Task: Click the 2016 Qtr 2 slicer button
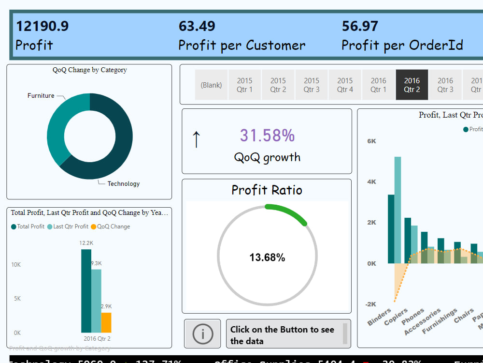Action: [412, 85]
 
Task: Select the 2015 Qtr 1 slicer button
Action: [244, 85]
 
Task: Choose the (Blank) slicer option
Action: [211, 85]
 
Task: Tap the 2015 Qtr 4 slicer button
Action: [345, 85]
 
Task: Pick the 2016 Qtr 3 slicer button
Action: [445, 85]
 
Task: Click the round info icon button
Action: [202, 333]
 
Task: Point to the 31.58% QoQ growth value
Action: [267, 136]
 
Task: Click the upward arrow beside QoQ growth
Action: [196, 139]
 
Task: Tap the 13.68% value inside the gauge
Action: [267, 257]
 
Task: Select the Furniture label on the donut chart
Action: [41, 96]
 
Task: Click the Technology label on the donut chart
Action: [123, 183]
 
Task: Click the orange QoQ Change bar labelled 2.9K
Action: [106, 322]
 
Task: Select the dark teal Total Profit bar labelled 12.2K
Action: [86, 290]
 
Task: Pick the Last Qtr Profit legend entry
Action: [71, 227]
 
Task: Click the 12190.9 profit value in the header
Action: [42, 26]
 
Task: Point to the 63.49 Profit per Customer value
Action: [197, 26]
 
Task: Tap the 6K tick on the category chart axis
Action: [371, 141]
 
